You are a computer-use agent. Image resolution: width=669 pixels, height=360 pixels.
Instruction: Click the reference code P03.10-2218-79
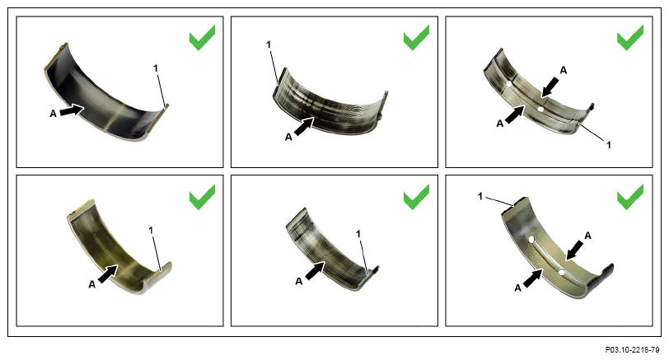click(x=632, y=350)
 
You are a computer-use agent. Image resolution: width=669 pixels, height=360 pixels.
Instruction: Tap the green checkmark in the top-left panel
click(x=202, y=38)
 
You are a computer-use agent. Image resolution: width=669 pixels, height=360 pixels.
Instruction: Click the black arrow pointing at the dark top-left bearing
click(x=71, y=110)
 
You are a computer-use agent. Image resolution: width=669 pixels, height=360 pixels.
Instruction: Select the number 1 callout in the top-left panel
click(x=156, y=68)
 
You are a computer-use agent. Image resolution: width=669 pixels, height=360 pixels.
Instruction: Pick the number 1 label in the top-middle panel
click(x=269, y=44)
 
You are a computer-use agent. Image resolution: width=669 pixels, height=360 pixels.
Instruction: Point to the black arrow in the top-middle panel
click(x=305, y=127)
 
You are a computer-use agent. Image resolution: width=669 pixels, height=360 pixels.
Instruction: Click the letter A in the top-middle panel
click(x=288, y=138)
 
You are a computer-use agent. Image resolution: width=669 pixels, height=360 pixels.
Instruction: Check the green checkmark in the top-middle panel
click(x=416, y=38)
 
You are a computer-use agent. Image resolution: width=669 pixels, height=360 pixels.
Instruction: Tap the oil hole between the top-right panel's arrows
click(x=540, y=109)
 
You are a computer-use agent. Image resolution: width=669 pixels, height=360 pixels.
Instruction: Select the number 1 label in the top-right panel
click(x=609, y=145)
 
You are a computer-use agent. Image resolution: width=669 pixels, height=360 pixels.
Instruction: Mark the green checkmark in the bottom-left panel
click(x=202, y=197)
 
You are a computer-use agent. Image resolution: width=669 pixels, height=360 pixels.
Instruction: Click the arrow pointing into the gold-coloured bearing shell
click(x=109, y=273)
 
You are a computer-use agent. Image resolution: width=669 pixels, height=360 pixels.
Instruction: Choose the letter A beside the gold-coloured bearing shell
click(x=91, y=284)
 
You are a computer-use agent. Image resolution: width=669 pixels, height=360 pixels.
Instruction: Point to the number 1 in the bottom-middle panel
click(x=358, y=234)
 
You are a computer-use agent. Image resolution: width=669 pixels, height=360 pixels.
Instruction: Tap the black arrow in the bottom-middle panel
click(x=316, y=271)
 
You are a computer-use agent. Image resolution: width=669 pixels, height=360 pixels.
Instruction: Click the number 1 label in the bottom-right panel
click(x=480, y=196)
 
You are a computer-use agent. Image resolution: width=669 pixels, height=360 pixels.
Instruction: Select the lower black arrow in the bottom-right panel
click(x=533, y=278)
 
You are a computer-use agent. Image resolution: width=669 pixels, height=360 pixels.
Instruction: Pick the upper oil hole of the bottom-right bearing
click(x=531, y=240)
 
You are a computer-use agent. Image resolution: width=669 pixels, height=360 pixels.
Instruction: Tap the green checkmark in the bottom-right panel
click(x=630, y=197)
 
